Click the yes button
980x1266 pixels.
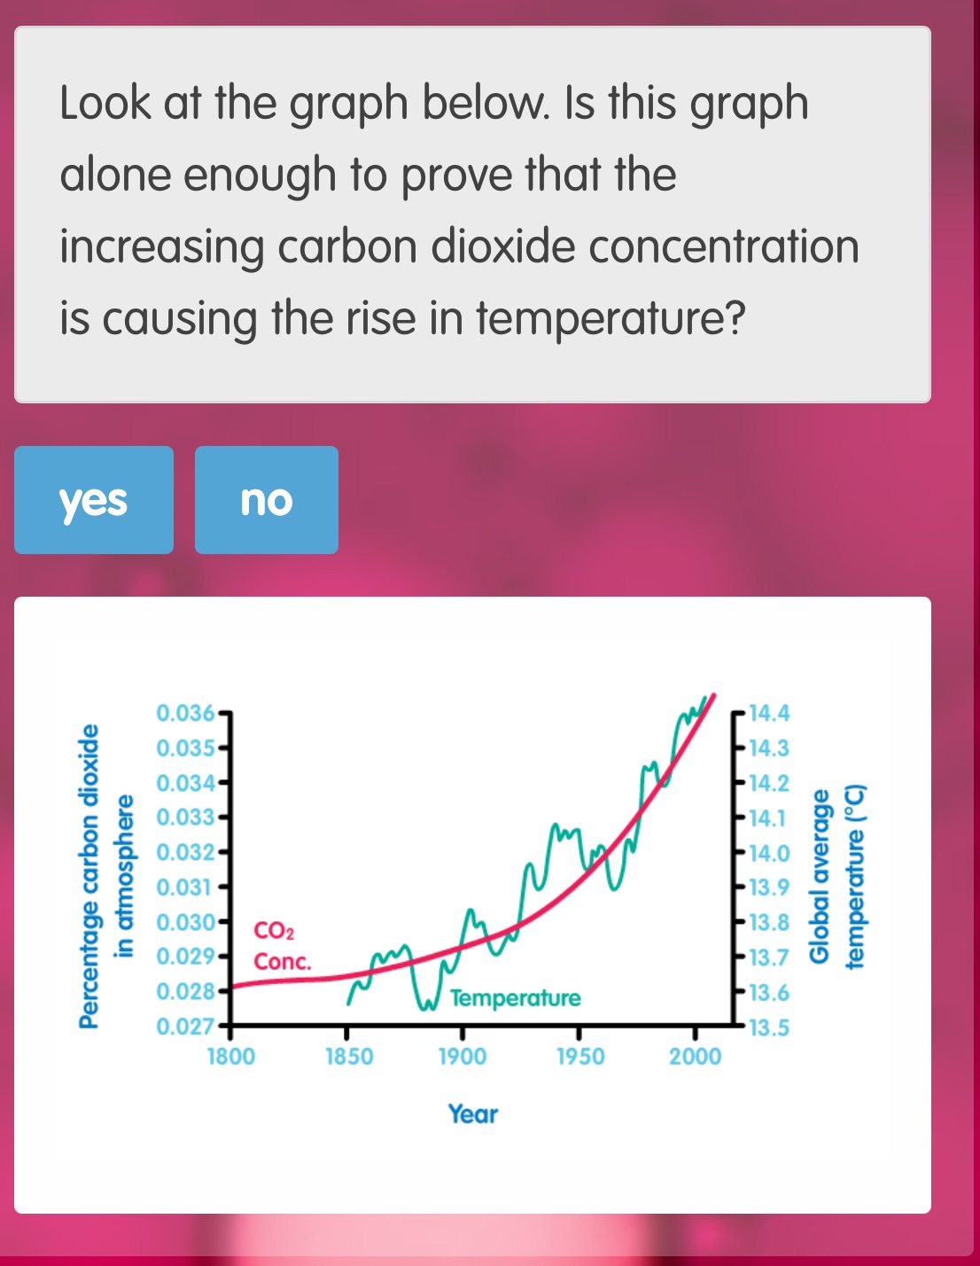coord(93,500)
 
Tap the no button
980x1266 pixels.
coord(266,500)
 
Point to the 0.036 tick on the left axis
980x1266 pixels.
coord(185,713)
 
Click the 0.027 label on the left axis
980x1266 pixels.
coord(185,1028)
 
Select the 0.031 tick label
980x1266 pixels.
coord(185,887)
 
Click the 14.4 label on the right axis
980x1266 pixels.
coord(768,713)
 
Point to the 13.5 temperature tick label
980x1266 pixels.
coord(768,1028)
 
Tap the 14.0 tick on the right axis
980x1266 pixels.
coord(768,853)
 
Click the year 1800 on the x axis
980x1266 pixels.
coord(230,1057)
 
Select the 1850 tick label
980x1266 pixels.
coord(349,1057)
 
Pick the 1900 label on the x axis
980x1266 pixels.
coord(463,1057)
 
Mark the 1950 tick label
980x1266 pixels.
coord(580,1057)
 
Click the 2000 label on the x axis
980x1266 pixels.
coord(696,1057)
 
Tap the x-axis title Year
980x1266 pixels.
coord(473,1114)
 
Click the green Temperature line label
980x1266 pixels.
coord(515,998)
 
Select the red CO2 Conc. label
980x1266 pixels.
coord(281,946)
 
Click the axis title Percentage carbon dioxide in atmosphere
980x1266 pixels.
coord(107,876)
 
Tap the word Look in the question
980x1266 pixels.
coord(105,103)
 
